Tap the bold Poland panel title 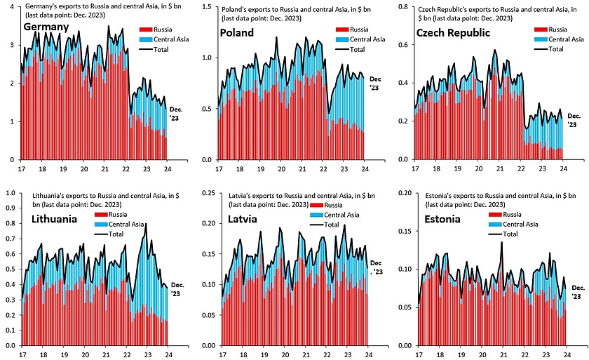pyautogui.click(x=237, y=34)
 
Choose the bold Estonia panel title pyautogui.click(x=442, y=219)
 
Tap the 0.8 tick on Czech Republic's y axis pyautogui.click(x=404, y=6)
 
